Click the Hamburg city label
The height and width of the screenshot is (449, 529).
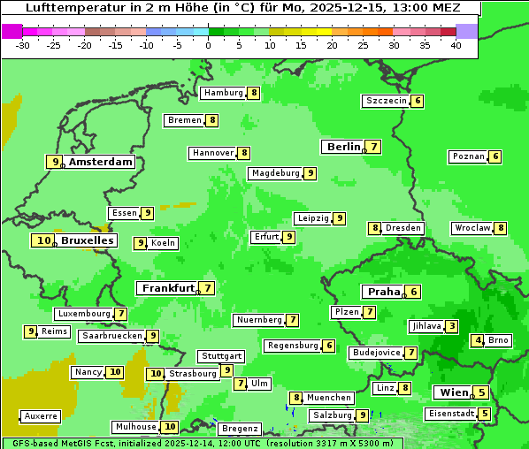223,93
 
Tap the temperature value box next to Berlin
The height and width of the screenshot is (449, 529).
374,147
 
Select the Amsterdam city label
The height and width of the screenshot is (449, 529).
100,162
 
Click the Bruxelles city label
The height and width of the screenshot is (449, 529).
87,240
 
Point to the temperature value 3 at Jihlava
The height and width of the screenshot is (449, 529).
452,326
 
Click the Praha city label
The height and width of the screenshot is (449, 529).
384,292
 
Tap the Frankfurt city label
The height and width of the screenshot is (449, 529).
167,288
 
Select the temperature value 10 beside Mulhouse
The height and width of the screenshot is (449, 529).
171,427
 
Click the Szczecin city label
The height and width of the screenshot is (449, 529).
387,101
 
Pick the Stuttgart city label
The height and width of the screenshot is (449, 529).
220,356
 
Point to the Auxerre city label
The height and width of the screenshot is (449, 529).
41,415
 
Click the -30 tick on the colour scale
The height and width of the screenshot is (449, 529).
23,45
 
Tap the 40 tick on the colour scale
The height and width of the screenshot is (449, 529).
456,45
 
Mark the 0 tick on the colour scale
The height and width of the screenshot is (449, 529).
209,45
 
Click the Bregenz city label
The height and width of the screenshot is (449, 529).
240,429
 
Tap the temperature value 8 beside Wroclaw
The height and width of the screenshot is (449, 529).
501,228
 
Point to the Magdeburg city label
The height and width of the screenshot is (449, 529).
275,173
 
